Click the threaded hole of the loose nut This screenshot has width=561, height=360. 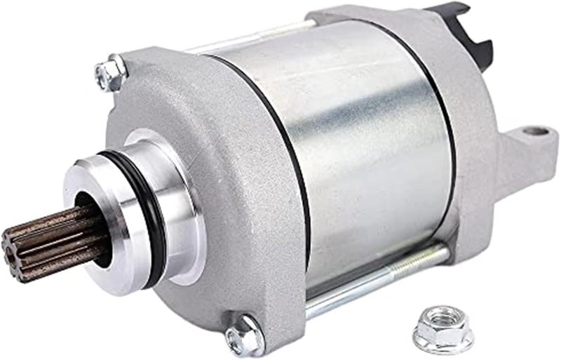pos(442,319)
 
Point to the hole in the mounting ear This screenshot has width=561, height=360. pos(535,131)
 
